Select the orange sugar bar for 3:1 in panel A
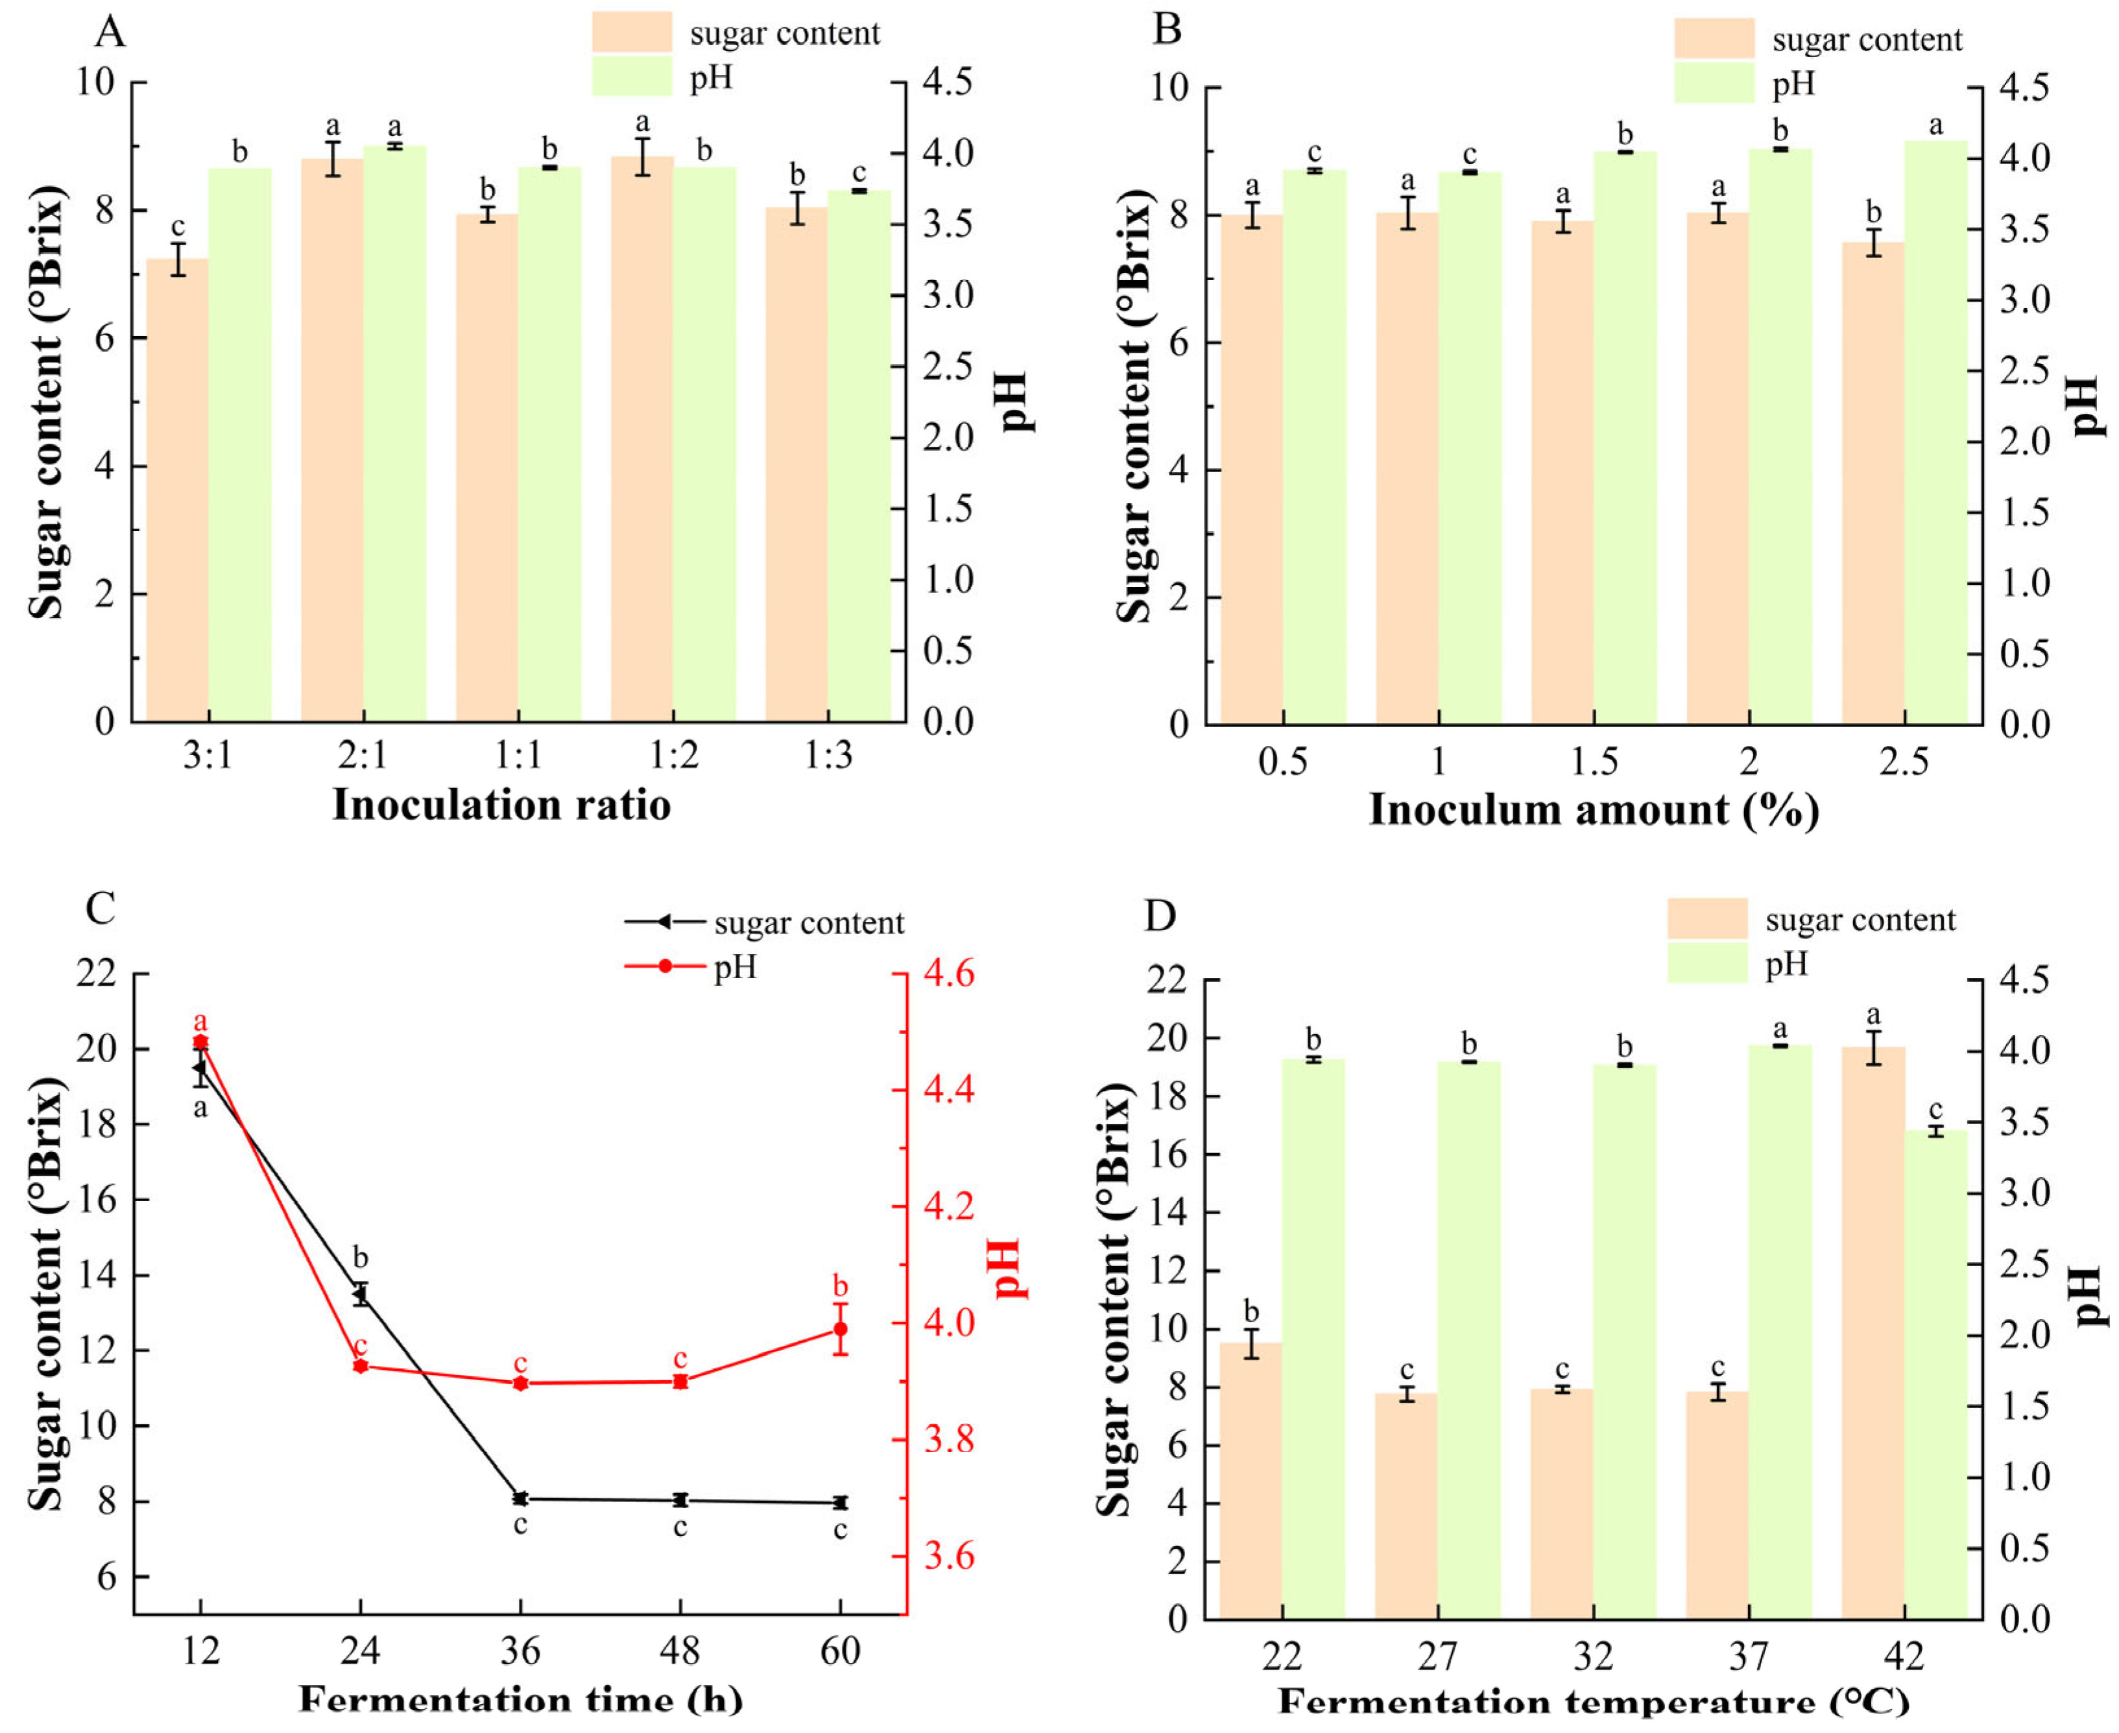(178, 489)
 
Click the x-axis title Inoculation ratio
(501, 806)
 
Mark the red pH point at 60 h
(841, 1330)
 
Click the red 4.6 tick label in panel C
(948, 974)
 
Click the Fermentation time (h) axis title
(520, 1700)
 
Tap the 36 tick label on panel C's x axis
(520, 1652)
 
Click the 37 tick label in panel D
(1749, 1657)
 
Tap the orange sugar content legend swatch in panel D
(1706, 918)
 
